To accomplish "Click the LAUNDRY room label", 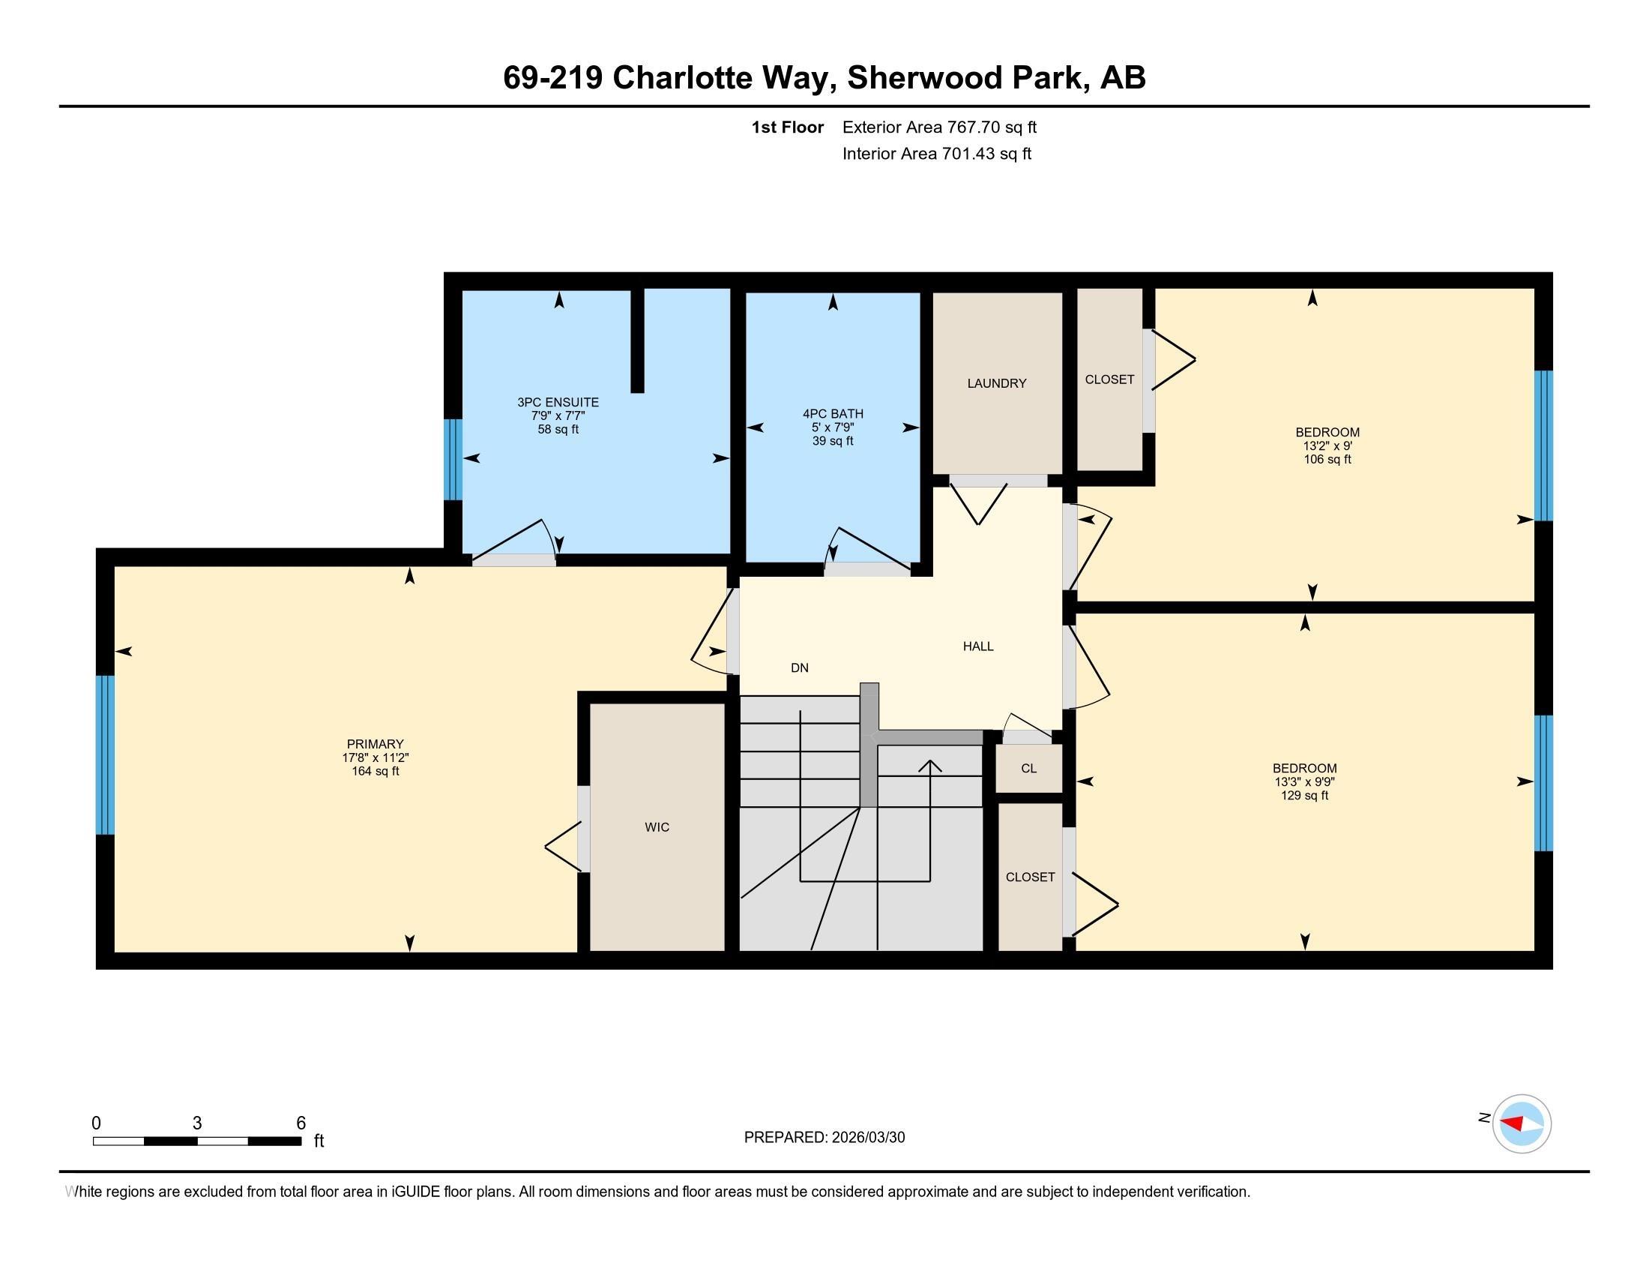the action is (997, 383).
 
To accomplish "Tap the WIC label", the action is (657, 827).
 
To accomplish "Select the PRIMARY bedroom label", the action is (376, 744).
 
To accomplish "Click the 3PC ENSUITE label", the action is (558, 403).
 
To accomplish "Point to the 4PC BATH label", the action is (833, 414).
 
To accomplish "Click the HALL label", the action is (977, 646).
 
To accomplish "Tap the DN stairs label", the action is (800, 667).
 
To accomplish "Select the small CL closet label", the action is (1028, 769).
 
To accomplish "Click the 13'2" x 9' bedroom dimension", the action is (1327, 445).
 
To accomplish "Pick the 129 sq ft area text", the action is (1305, 795).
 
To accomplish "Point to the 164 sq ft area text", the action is (376, 771).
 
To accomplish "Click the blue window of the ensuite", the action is (453, 459).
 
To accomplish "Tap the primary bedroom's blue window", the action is (106, 754).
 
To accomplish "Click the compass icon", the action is (1522, 1124).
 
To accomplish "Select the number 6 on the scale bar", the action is (301, 1123).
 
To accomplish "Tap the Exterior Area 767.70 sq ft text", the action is (939, 127).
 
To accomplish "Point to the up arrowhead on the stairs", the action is (929, 766).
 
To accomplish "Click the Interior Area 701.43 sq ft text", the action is (937, 154).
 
